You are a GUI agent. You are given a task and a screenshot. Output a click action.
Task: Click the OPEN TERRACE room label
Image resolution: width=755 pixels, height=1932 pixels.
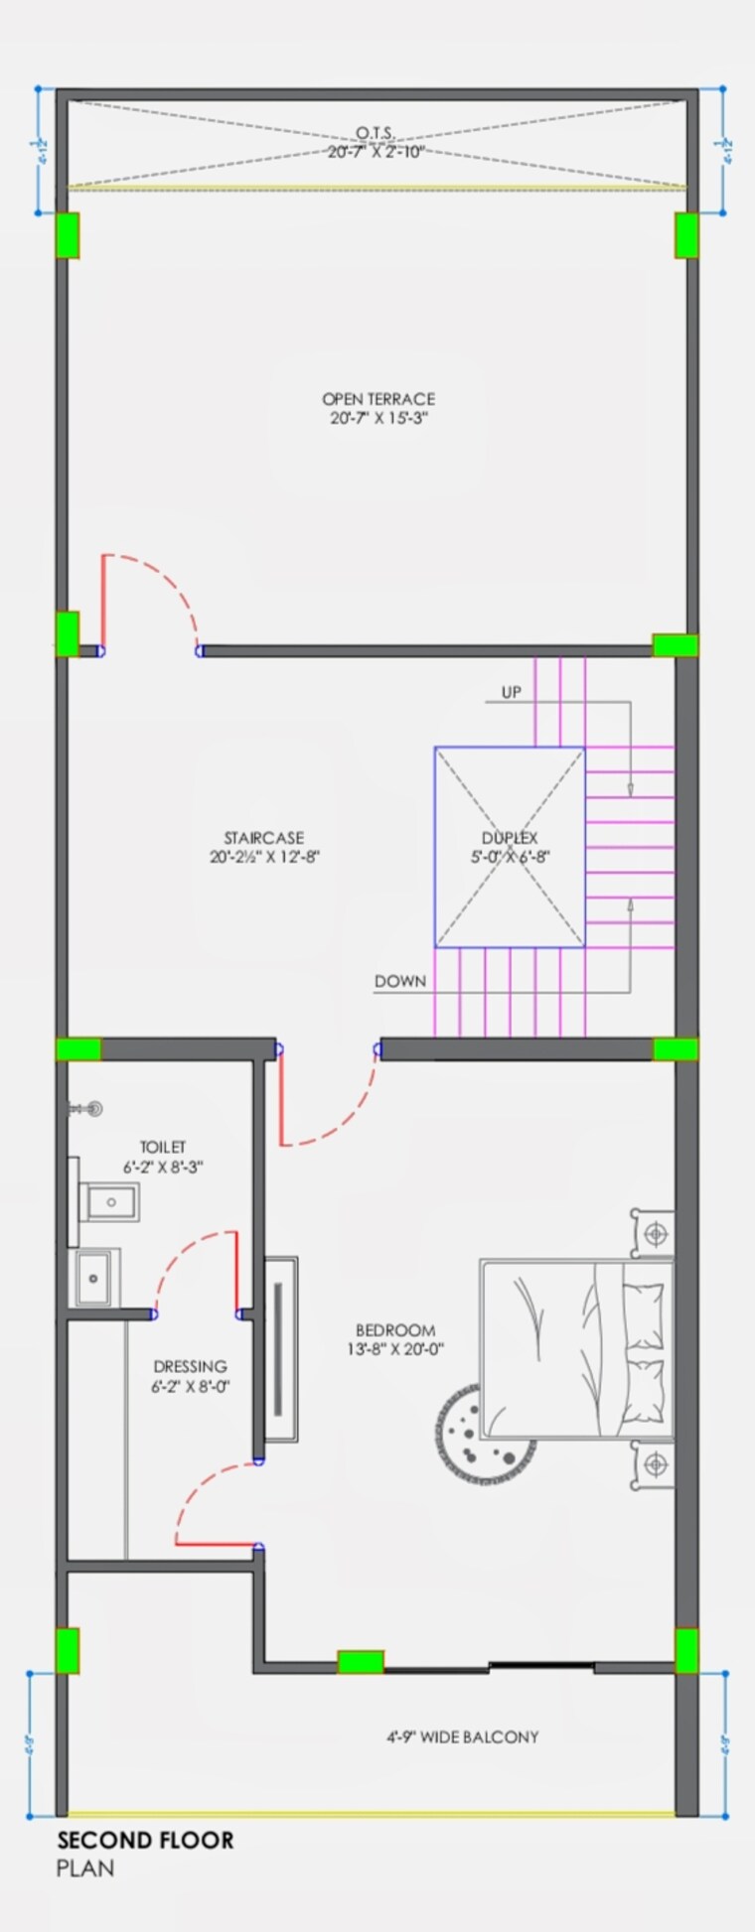(377, 399)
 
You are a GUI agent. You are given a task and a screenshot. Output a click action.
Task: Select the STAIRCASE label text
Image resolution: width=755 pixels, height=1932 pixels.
(263, 838)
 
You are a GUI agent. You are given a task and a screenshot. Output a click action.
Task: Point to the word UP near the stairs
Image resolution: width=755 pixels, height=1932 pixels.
(511, 692)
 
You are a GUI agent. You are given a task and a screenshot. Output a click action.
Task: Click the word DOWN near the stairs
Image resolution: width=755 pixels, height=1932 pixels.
(400, 981)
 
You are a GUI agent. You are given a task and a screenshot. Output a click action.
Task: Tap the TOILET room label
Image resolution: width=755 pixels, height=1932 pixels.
(163, 1147)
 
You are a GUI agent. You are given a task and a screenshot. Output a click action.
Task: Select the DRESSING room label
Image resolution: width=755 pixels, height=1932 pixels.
(190, 1366)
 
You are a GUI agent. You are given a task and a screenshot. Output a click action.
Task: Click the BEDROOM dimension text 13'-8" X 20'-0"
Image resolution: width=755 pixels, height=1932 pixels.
(395, 1349)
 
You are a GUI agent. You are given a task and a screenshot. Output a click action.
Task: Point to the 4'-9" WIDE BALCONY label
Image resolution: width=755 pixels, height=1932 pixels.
(463, 1736)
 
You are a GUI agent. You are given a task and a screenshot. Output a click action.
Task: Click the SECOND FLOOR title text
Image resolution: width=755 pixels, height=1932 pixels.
(146, 1840)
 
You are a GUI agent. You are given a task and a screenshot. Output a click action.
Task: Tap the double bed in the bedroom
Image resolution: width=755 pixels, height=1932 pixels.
(576, 1348)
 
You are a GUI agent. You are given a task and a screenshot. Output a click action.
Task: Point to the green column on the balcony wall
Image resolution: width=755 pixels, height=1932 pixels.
(360, 1661)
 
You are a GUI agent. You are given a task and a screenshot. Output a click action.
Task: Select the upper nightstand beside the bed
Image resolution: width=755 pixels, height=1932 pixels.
(652, 1233)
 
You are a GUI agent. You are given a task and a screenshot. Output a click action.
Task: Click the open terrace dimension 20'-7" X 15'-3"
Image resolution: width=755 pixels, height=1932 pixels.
(378, 418)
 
